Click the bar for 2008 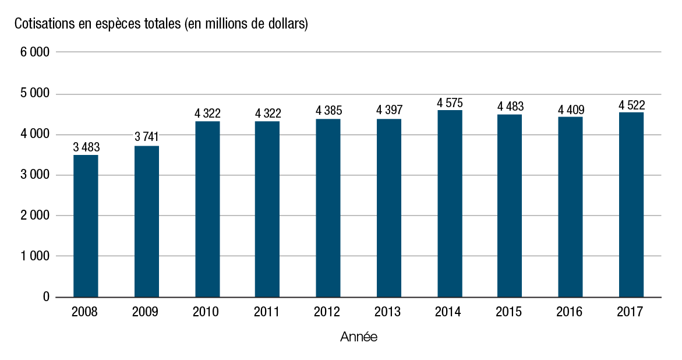click(86, 226)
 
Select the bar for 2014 click(450, 204)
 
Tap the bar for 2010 click(207, 209)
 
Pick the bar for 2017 click(631, 205)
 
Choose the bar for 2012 click(328, 208)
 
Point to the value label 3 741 click(146, 137)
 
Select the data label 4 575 click(450, 103)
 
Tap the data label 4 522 click(631, 105)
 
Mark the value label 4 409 click(571, 110)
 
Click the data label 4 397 click(389, 110)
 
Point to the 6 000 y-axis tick click(35, 52)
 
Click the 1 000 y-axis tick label click(35, 256)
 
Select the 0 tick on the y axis click(45, 297)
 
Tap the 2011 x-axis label click(267, 312)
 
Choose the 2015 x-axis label click(509, 312)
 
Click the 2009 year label click(146, 312)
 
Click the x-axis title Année click(358, 337)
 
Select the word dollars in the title click(287, 24)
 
